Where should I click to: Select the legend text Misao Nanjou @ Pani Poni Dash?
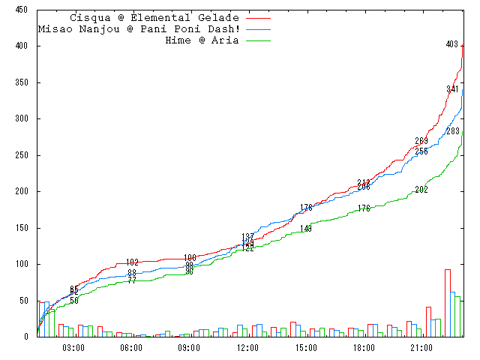(139, 29)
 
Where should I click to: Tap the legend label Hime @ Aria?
(202, 40)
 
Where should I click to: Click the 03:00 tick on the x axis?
(73, 348)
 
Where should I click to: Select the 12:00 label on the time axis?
(247, 348)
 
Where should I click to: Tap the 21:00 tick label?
(421, 348)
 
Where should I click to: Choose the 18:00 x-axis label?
(364, 348)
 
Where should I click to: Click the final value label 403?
(451, 45)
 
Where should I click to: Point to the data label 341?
(452, 90)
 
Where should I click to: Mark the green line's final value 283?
(452, 132)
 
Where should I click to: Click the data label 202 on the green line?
(421, 190)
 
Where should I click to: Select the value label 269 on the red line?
(421, 142)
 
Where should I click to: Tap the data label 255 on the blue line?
(421, 152)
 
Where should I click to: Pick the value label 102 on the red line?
(132, 262)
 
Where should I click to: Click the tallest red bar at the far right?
(448, 303)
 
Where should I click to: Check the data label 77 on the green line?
(132, 280)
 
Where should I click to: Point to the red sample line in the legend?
(257, 18)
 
